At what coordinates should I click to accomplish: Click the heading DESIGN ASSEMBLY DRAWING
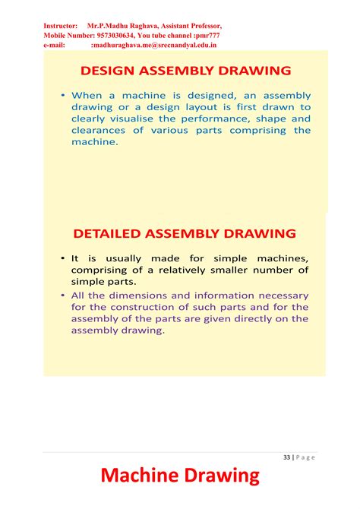point(185,71)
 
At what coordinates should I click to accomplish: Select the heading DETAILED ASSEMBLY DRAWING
point(185,232)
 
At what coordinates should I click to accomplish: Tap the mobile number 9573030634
point(121,35)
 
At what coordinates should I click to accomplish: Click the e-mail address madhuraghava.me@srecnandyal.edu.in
point(153,45)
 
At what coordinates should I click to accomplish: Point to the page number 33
point(286,457)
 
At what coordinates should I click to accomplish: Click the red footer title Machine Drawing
point(180,476)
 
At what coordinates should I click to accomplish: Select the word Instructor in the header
point(61,26)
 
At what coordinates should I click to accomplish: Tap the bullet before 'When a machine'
point(63,96)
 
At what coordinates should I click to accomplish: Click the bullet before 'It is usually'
point(63,259)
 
